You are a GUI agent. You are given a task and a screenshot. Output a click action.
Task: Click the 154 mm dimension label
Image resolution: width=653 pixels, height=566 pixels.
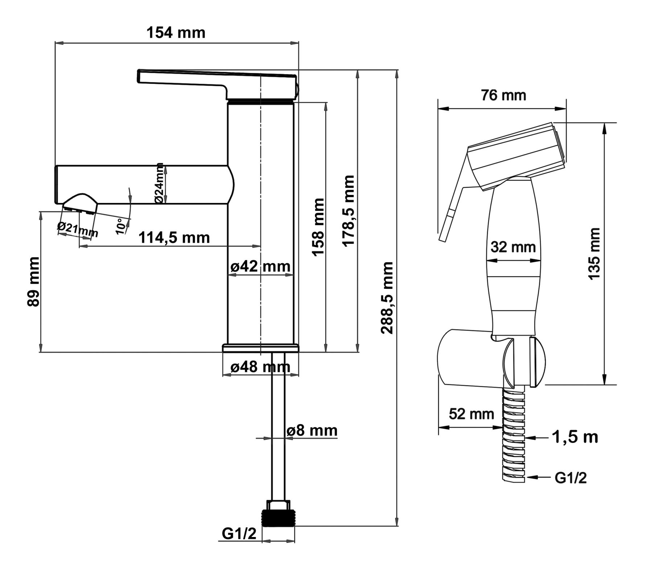176,33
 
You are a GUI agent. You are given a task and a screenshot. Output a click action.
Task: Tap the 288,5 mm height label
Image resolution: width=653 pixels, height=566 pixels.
387,297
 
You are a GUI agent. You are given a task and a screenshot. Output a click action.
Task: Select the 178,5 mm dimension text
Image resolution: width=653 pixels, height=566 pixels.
349,211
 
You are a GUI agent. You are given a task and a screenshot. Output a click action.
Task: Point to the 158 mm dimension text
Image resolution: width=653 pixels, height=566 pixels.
319,227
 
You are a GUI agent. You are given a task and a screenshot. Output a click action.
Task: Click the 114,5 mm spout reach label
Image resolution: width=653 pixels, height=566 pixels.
174,238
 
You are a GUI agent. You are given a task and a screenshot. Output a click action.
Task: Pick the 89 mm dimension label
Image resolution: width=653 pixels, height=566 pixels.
33,282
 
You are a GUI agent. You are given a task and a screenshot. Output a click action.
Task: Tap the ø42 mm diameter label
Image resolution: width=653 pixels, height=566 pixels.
260,266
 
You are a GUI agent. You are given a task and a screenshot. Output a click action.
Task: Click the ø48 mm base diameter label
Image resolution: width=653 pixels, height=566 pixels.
260,367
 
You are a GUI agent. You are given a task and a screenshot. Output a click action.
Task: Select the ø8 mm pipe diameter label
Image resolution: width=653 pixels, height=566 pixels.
312,430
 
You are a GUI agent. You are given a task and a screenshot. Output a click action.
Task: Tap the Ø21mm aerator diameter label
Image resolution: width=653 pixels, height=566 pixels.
78,229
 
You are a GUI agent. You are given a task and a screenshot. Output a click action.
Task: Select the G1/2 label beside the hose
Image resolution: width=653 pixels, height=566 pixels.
571,478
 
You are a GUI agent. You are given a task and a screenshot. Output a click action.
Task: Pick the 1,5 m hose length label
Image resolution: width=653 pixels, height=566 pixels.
575,437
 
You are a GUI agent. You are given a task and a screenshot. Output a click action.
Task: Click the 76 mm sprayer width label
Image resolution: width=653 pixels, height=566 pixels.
504,95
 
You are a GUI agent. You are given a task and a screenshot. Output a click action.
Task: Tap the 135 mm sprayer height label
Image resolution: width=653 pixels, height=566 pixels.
594,254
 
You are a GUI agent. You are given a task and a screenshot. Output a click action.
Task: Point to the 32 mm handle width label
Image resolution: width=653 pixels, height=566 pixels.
513,247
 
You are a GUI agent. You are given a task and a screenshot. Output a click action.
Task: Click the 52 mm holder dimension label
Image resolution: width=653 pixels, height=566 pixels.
471,413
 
